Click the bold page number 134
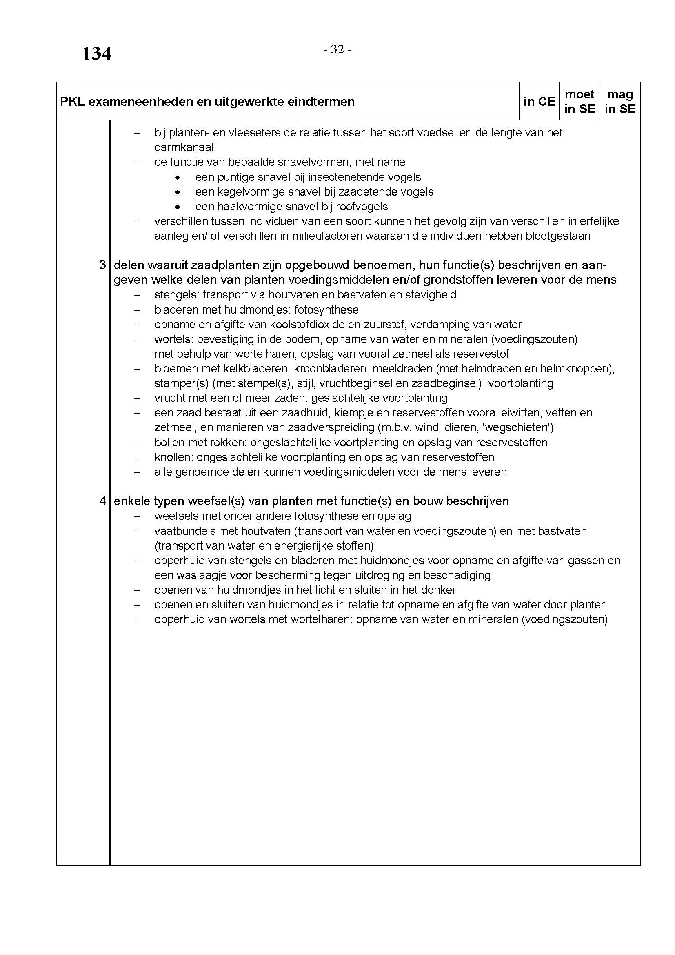click(x=96, y=54)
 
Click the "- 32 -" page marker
click(x=337, y=50)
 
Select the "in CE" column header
click(x=539, y=102)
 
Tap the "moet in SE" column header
click(x=580, y=102)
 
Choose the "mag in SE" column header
click(x=620, y=102)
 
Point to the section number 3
click(x=103, y=265)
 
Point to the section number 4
click(x=103, y=501)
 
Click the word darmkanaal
click(x=184, y=147)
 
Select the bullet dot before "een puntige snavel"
click(x=178, y=178)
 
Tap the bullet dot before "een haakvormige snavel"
click(x=178, y=207)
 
